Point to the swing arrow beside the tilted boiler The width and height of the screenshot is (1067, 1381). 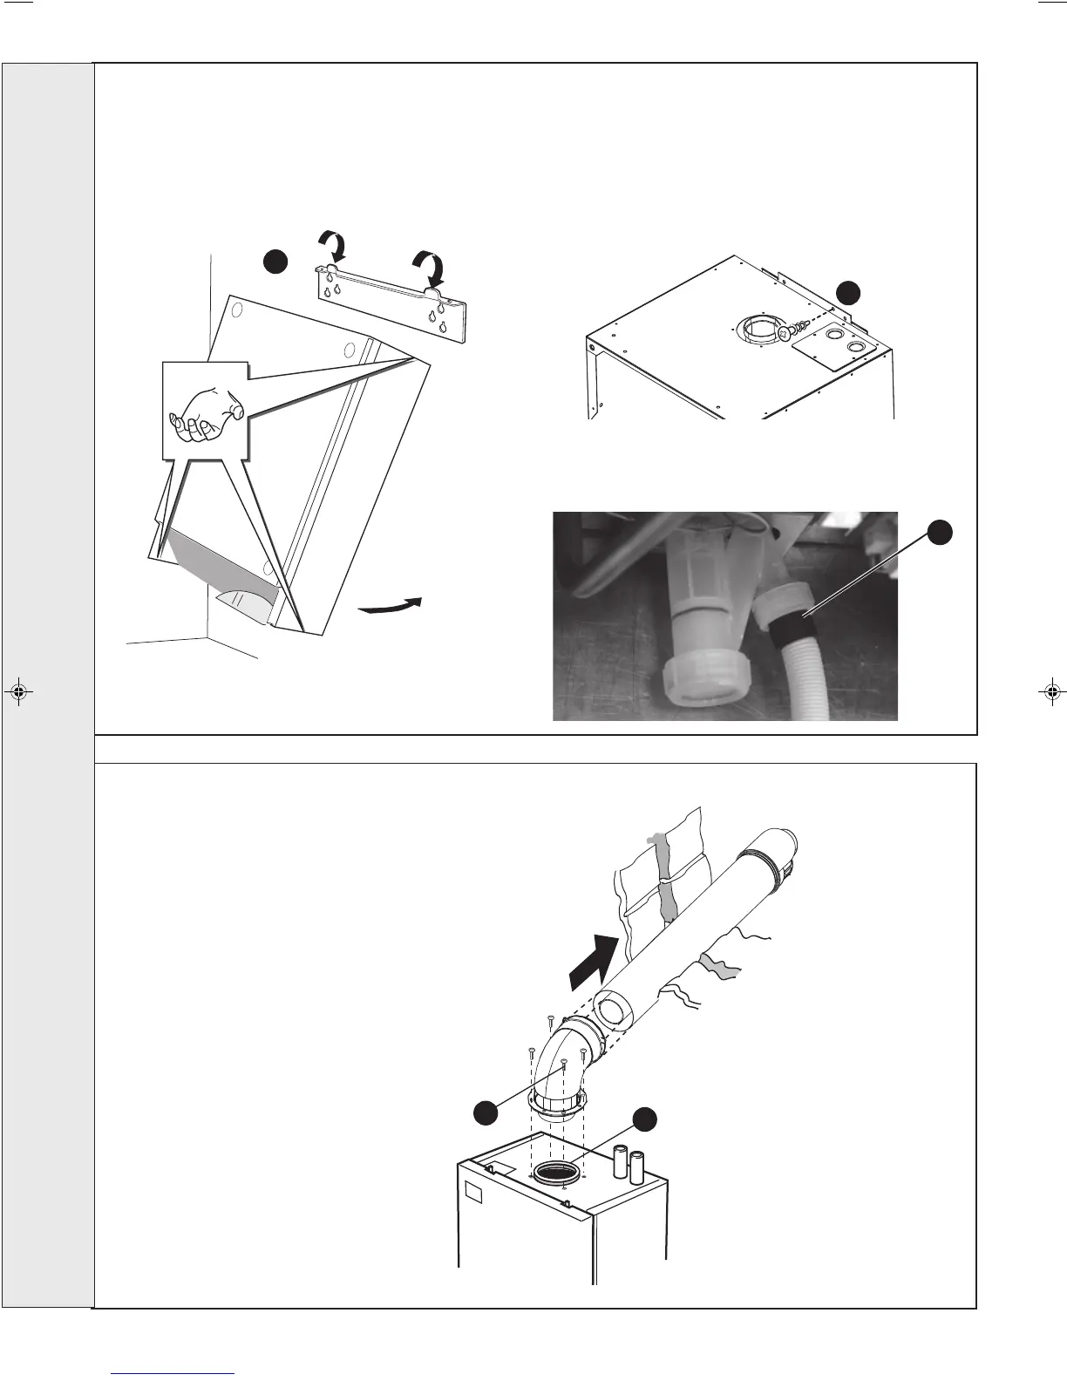[391, 606]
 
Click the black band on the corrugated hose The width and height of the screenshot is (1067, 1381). [791, 623]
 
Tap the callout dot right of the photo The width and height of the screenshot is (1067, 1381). [939, 533]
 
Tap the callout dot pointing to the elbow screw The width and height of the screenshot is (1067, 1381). [486, 1112]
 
